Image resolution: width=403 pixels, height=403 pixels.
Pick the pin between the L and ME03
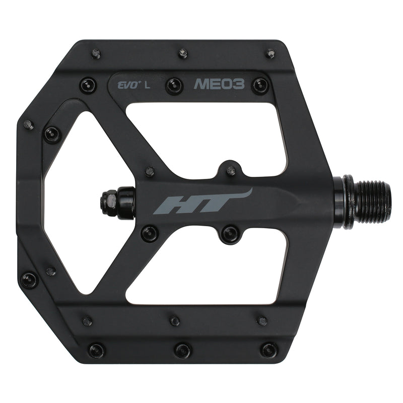[175, 84]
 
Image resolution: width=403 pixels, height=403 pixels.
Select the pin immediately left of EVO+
[88, 84]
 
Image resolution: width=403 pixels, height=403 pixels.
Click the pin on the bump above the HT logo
[231, 170]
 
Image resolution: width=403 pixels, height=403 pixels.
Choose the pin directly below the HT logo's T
[230, 233]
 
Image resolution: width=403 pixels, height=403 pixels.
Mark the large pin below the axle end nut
[149, 233]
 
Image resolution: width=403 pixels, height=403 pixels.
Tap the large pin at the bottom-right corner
[268, 350]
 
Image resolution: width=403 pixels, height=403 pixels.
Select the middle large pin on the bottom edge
[182, 350]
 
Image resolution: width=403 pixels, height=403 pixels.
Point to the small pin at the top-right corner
[271, 52]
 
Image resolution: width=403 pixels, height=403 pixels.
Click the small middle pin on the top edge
[183, 52]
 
